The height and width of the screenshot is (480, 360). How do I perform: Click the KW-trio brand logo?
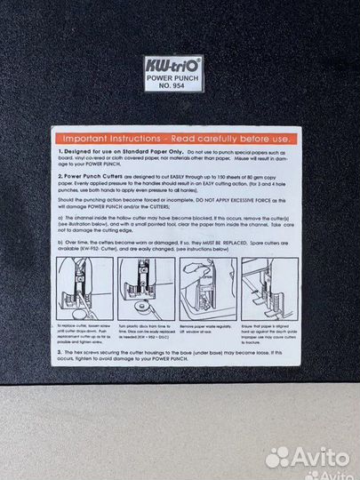click(173, 64)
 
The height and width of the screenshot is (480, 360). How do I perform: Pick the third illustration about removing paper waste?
click(207, 289)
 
